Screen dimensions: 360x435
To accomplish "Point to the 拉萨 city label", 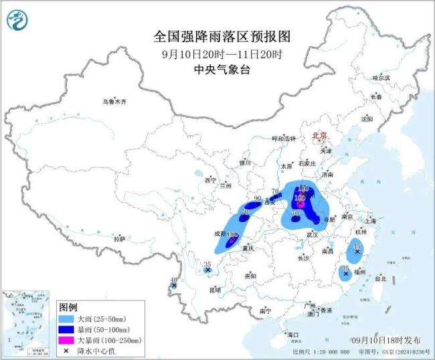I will click(x=119, y=238).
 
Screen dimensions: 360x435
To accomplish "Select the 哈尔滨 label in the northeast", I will click(x=380, y=78).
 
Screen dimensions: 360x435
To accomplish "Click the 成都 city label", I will click(x=219, y=234).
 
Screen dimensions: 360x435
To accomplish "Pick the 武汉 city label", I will click(x=312, y=235).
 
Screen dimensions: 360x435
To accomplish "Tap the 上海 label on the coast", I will click(x=371, y=220).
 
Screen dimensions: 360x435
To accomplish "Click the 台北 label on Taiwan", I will click(x=379, y=278).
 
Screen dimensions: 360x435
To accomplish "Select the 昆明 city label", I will click(x=215, y=289).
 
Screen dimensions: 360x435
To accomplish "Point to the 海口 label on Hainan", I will click(x=292, y=334).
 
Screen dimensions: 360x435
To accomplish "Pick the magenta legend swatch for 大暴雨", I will click(x=66, y=340).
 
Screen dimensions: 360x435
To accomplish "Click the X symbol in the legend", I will click(x=66, y=350).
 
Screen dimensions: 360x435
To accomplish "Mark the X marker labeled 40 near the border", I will click(x=174, y=286).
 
